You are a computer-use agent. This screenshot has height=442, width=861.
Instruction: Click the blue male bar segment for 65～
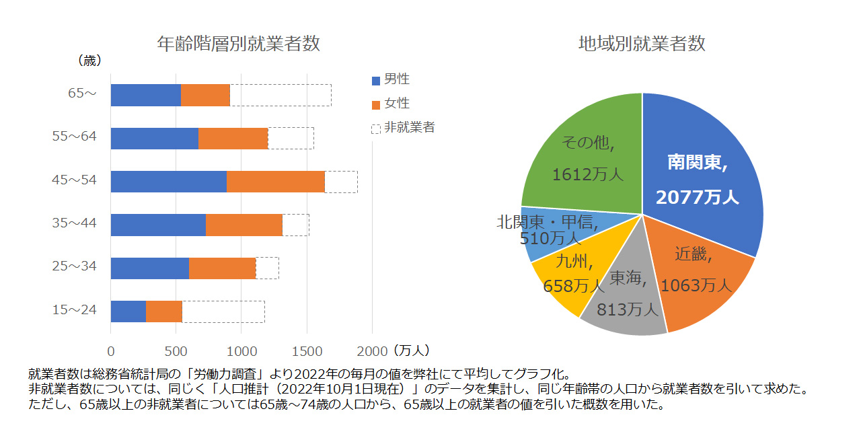pos(145,96)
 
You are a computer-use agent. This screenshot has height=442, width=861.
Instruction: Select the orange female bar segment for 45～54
pos(276,182)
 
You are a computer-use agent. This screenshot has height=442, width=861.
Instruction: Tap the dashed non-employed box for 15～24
pos(223,311)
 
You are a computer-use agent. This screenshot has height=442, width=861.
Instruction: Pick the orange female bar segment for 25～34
pos(222,268)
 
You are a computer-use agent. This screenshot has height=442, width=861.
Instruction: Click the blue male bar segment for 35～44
pos(158,225)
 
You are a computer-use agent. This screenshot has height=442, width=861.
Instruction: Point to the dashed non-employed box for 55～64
pos(291,139)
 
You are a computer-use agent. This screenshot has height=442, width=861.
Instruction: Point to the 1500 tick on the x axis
pos(307,351)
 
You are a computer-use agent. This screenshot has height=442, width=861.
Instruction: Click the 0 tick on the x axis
pos(111,351)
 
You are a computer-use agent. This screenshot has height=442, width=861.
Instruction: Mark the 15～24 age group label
pos(75,310)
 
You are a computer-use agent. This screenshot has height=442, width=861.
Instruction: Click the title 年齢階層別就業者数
pos(238,44)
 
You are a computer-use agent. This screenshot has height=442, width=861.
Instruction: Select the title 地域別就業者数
pos(642,44)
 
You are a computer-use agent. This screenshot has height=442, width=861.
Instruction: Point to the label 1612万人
pos(587,175)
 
